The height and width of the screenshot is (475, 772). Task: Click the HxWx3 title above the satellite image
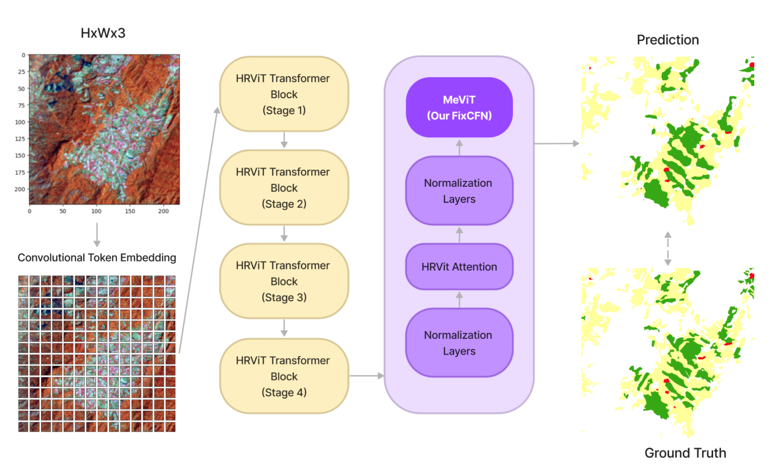(x=103, y=33)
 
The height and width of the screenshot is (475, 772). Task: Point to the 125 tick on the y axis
(x=20, y=139)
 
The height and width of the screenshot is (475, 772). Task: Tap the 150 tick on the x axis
(x=130, y=211)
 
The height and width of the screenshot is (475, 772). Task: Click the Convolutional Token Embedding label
(x=97, y=258)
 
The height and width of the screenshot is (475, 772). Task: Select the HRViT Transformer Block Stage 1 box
(x=284, y=94)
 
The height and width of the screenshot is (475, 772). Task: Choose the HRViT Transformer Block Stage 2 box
(x=284, y=187)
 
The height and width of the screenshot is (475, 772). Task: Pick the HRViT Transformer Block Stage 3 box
(x=284, y=281)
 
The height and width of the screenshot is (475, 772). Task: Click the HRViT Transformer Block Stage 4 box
(x=284, y=376)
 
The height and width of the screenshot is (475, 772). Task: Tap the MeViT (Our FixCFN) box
(x=459, y=107)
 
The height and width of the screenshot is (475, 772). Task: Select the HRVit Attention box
(x=459, y=267)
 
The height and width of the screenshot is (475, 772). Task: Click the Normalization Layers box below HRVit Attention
(x=459, y=343)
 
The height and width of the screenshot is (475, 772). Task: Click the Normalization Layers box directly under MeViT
(x=459, y=191)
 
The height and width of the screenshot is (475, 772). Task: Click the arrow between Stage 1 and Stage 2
(x=284, y=140)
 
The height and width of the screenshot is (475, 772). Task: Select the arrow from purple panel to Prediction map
(x=556, y=143)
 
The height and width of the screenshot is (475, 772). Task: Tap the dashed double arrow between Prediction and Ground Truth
(x=668, y=248)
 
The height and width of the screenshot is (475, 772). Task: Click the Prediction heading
(x=668, y=40)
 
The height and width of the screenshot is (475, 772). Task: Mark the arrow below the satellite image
(x=97, y=235)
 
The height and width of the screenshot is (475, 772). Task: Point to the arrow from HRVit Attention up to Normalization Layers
(x=459, y=235)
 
